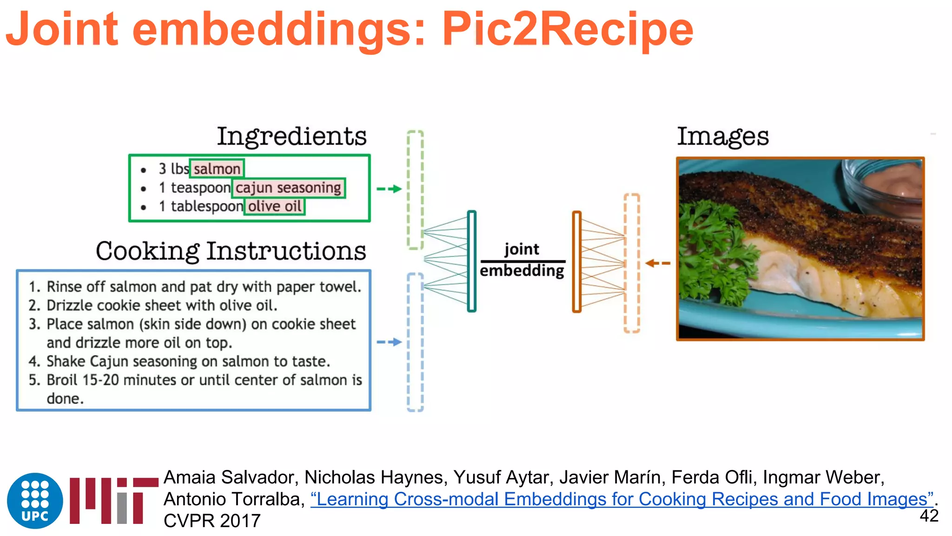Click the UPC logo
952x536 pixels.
[35, 501]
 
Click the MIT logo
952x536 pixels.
[113, 501]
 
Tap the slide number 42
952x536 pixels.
[929, 516]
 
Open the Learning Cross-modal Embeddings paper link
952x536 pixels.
[621, 499]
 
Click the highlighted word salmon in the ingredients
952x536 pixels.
[217, 169]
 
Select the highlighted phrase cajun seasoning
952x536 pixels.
[288, 188]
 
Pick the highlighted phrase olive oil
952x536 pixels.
[275, 206]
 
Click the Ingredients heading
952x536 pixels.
[291, 136]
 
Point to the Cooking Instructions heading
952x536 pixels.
[231, 251]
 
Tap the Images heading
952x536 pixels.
[722, 136]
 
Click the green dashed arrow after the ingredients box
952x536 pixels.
[389, 189]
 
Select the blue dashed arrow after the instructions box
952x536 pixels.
[389, 342]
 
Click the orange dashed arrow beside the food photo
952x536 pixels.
[658, 263]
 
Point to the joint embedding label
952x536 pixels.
[522, 260]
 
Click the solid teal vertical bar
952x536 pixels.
[472, 261]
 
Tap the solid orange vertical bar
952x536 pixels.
[577, 261]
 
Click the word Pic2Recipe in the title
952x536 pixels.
[567, 29]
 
